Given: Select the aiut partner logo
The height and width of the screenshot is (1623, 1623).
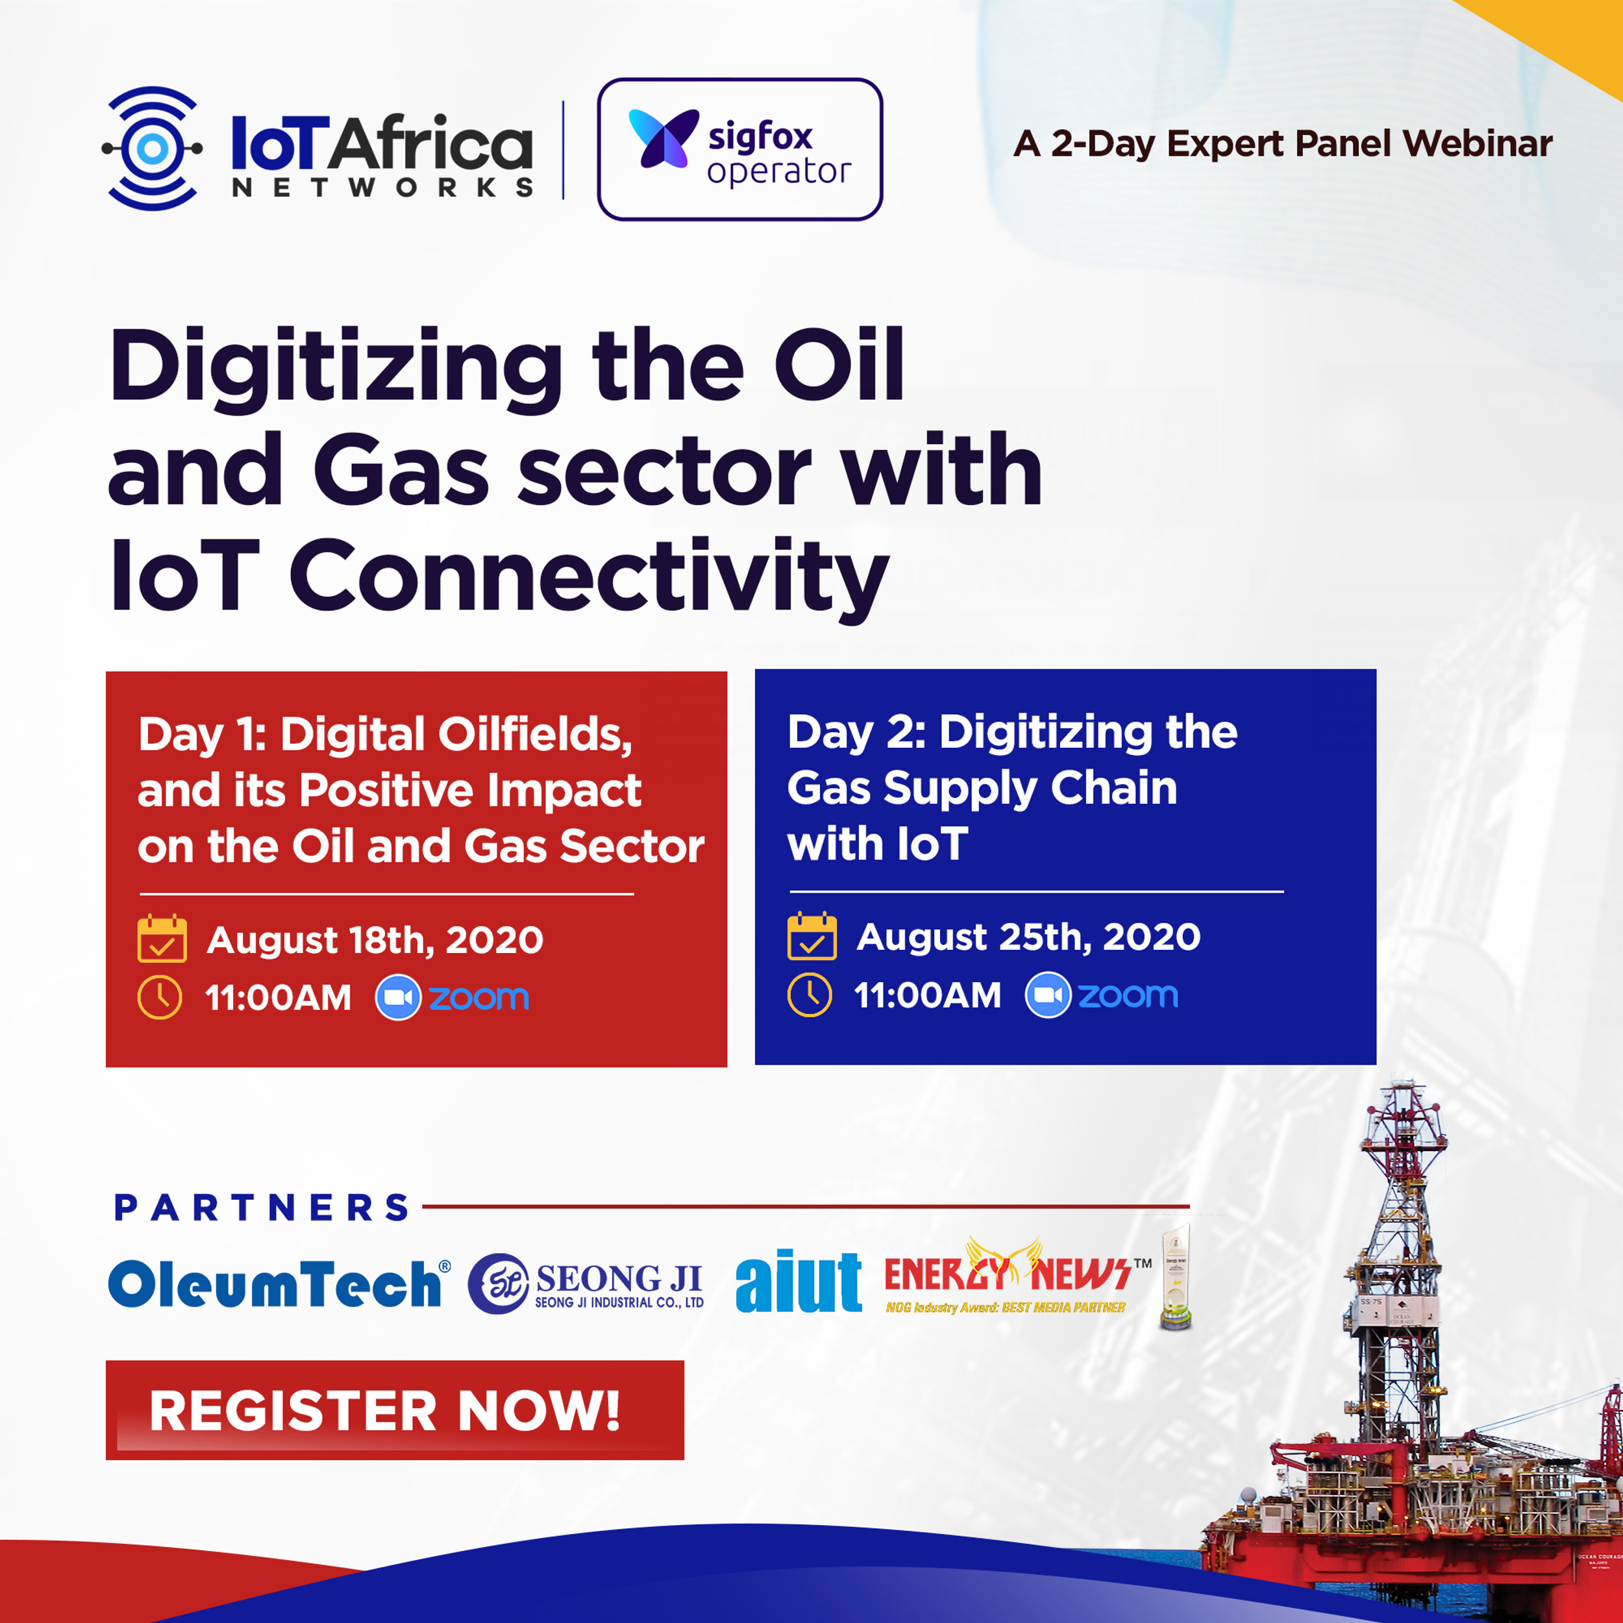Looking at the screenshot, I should pyautogui.click(x=797, y=1283).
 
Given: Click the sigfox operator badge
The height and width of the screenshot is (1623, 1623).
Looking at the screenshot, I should pyautogui.click(x=739, y=149).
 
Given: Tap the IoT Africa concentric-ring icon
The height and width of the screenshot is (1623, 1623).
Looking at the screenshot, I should pyautogui.click(x=152, y=149).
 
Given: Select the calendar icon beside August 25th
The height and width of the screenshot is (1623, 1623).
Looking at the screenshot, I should pyautogui.click(x=811, y=936).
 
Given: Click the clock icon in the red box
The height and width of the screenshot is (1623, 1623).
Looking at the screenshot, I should pyautogui.click(x=160, y=997).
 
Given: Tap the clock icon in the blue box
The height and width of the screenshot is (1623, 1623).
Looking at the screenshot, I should pyautogui.click(x=810, y=995).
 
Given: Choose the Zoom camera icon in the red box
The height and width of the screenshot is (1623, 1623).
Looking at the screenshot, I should pyautogui.click(x=397, y=997).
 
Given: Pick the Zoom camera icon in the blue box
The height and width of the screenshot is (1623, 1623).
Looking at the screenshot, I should pyautogui.click(x=1048, y=995).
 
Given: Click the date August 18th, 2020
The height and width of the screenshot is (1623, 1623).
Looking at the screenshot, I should pyautogui.click(x=375, y=940).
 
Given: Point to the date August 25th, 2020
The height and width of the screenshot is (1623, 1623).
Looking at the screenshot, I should pyautogui.click(x=1028, y=937).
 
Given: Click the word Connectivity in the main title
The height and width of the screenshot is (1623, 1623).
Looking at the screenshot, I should pyautogui.click(x=588, y=577).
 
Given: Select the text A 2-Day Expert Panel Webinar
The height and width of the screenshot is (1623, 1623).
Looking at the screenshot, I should pyautogui.click(x=1282, y=143).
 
